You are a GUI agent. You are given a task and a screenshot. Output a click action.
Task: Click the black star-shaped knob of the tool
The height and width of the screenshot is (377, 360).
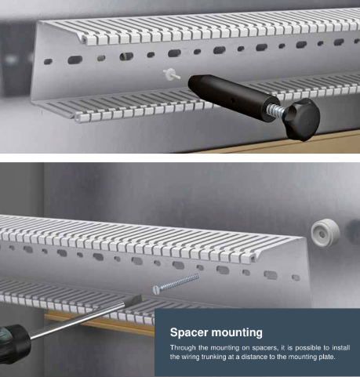pos(302,119)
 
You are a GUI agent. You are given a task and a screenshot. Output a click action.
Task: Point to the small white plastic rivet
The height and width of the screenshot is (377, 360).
pos(171,74)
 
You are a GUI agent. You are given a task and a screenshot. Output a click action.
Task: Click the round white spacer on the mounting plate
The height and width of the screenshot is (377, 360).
pos(325,233)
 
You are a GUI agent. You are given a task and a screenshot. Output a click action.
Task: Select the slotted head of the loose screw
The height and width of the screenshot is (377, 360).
pos(156,290)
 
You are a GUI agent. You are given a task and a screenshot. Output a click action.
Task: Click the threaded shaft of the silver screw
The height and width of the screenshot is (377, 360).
pos(179,282)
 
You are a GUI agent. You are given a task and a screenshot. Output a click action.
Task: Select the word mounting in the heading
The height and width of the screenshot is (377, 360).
pos(237,333)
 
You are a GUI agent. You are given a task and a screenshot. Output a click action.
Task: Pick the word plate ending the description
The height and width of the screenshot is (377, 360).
pos(327,357)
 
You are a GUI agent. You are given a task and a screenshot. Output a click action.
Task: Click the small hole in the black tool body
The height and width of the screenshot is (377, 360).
pos(233,100)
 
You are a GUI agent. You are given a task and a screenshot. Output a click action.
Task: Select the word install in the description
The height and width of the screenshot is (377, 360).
pos(341,348)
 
